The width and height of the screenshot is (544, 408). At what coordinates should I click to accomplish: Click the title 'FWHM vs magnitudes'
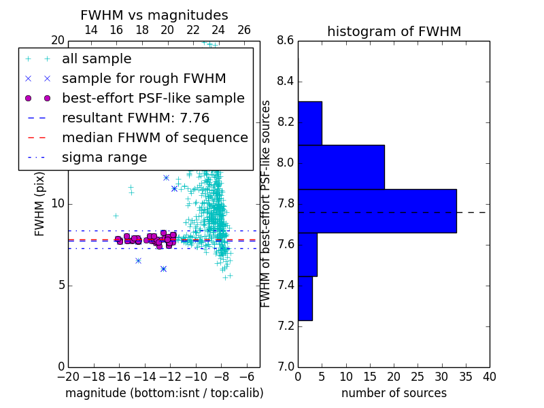tap(154, 15)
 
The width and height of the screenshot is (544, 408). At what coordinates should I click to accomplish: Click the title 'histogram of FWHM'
tap(394, 31)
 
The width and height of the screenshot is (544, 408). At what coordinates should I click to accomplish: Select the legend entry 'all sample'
tap(97, 59)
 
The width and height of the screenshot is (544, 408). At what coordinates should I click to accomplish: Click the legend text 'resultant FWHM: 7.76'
tap(135, 118)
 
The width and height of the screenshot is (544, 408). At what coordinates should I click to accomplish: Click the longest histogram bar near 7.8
tap(377, 211)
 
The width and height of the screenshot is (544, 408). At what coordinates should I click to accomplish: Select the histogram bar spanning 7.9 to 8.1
tap(341, 167)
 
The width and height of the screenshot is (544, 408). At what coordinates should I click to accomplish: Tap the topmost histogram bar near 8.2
tap(310, 123)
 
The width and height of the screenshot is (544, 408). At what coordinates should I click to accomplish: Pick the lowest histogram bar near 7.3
tap(305, 299)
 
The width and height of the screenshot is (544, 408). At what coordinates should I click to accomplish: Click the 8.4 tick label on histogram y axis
tap(284, 82)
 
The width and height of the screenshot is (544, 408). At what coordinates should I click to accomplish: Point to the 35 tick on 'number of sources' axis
tap(466, 377)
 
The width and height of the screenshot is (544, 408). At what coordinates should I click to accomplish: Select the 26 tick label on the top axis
tap(244, 30)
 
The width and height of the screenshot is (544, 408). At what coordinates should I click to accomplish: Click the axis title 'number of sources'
tap(394, 393)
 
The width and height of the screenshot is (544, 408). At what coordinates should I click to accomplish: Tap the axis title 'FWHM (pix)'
tap(39, 205)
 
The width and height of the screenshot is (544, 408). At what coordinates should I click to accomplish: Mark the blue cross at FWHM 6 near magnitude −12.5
tap(163, 269)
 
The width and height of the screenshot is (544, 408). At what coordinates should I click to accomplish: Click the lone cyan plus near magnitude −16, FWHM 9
tap(116, 216)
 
